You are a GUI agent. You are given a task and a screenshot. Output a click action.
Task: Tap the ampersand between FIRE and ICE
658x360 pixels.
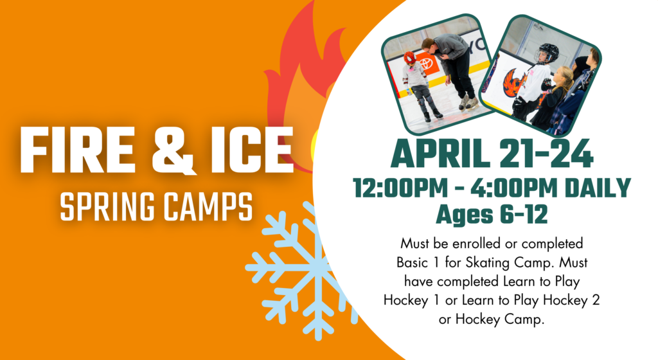coord(173,150)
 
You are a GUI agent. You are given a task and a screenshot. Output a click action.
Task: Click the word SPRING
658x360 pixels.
coord(107,206)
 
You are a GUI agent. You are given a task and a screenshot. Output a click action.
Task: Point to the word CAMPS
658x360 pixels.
coord(208,206)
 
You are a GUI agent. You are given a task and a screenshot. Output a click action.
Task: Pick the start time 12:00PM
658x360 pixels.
coord(401,188)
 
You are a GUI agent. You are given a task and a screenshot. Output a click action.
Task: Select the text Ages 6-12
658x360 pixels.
coord(492,215)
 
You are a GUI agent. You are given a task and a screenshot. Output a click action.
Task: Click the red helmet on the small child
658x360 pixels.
coord(410,58)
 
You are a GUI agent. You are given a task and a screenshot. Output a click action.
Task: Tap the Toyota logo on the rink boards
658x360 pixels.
coord(427,64)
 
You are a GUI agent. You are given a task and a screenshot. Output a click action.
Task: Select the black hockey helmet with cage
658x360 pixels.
coord(547,53)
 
